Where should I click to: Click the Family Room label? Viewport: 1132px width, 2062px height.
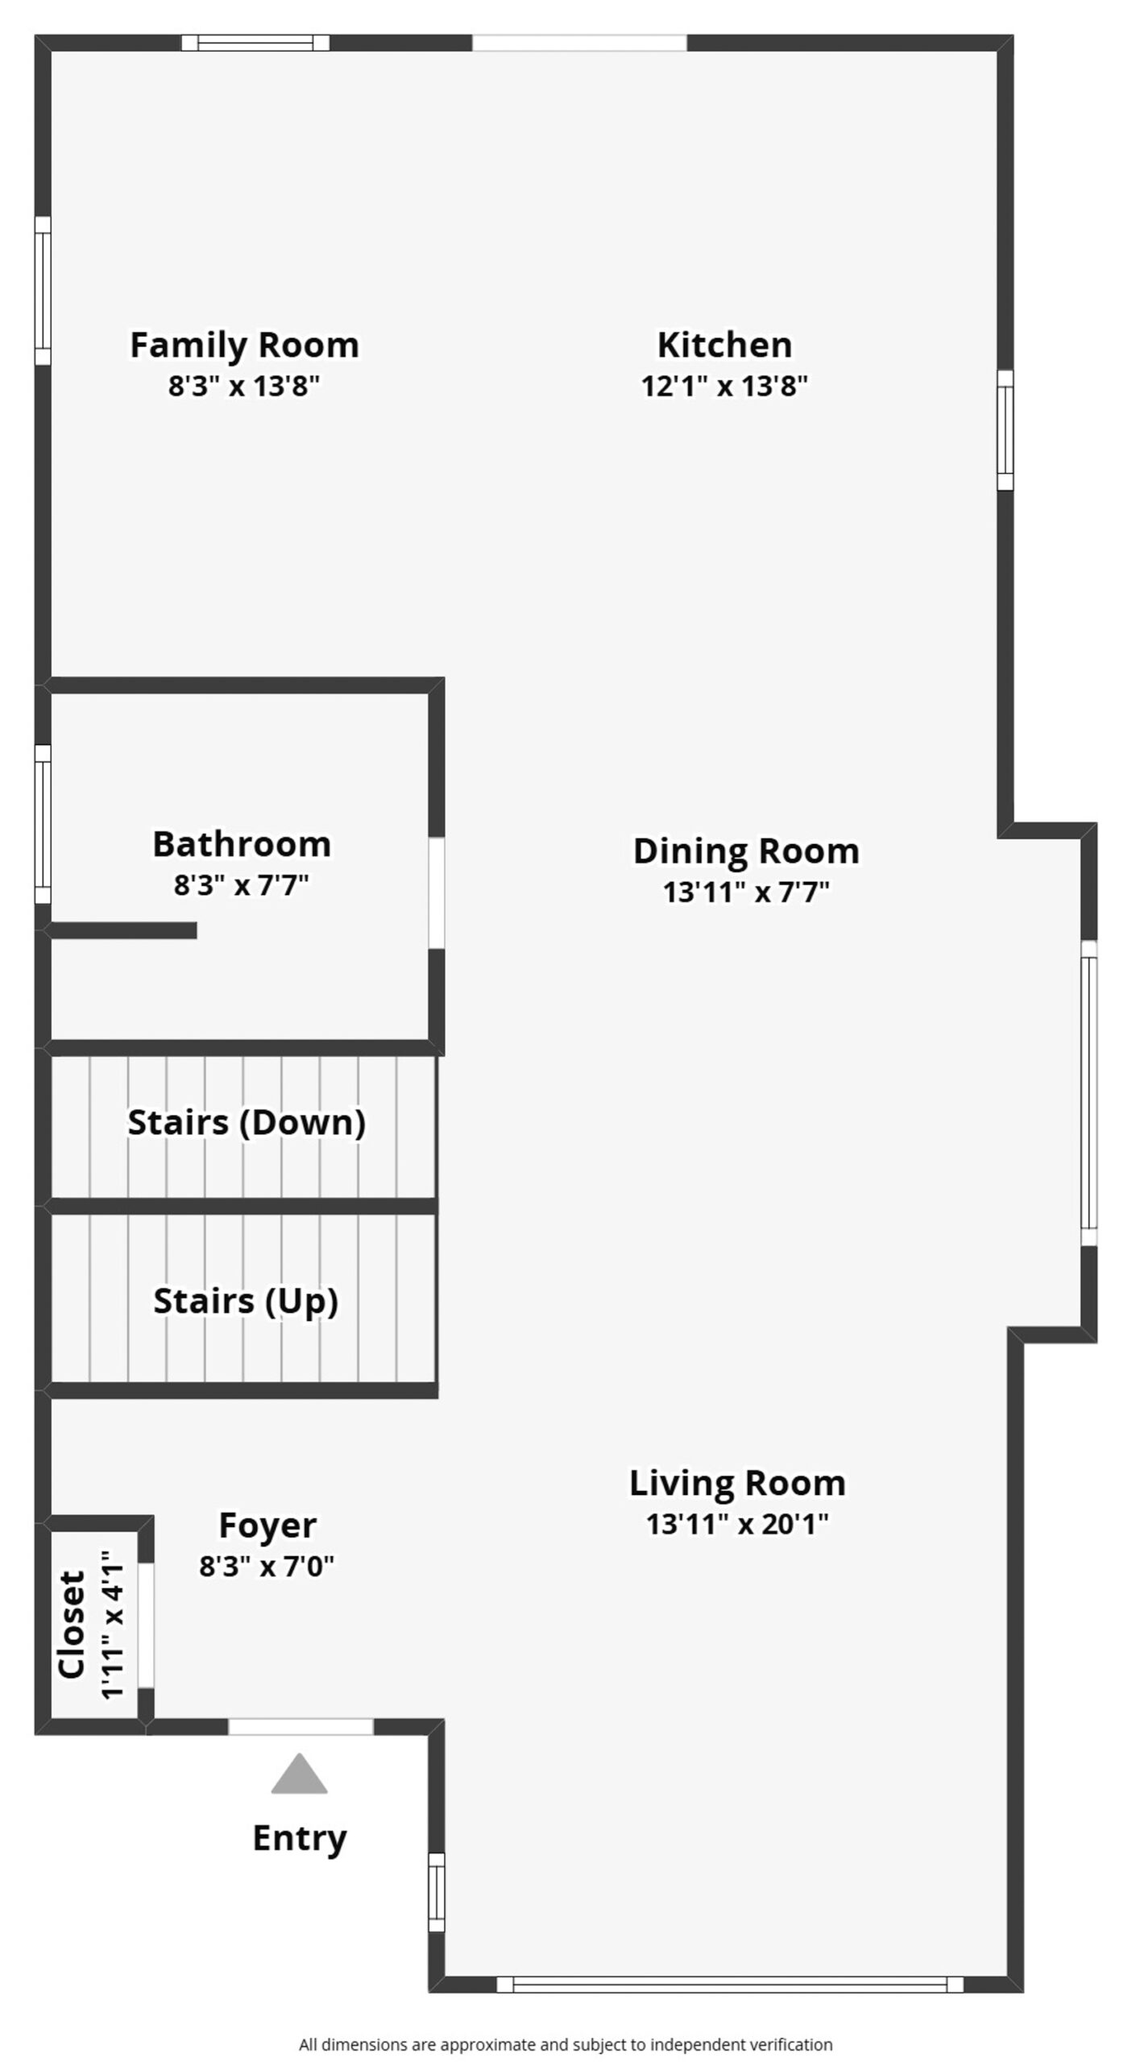[244, 346]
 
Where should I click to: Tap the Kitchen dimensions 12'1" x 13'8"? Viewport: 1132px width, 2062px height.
[724, 387]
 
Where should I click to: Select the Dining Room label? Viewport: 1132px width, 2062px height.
[746, 852]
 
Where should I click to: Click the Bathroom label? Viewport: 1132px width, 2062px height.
[242, 845]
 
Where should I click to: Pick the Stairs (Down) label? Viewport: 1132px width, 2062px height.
[247, 1123]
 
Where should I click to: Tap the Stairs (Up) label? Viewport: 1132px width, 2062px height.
[246, 1302]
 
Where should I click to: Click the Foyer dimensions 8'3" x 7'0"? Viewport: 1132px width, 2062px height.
[267, 1566]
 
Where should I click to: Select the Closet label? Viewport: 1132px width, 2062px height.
[72, 1624]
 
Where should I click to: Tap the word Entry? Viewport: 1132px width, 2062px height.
[300, 1839]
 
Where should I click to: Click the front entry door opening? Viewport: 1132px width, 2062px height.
[301, 1726]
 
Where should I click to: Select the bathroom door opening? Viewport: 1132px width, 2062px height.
[436, 893]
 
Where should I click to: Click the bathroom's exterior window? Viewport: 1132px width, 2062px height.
[43, 824]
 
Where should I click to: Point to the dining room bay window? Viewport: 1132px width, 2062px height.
[1088, 1093]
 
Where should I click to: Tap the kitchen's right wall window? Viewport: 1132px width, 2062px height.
[1006, 430]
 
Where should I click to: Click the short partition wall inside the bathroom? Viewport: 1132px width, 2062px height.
[121, 930]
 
